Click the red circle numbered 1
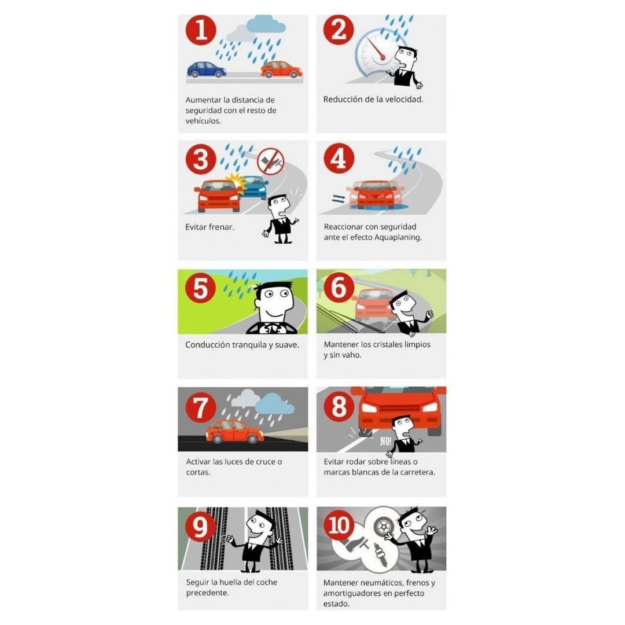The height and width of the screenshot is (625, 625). tap(201, 30)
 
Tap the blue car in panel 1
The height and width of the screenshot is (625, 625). tap(207, 69)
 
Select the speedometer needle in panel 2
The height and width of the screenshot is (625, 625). tap(376, 49)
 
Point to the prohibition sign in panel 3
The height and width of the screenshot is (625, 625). tap(271, 161)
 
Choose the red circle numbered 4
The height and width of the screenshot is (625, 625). tap(339, 158)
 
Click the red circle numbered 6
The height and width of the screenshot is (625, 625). tap(339, 288)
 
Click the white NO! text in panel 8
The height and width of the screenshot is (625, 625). tap(385, 441)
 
